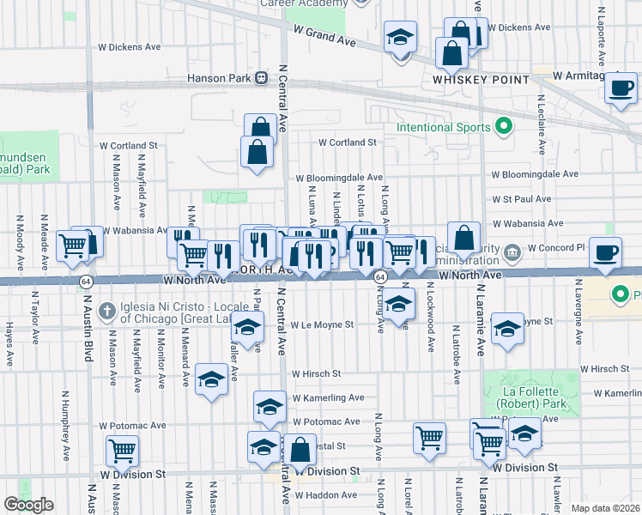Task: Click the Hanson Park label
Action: (219, 78)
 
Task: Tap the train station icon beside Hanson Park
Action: (260, 78)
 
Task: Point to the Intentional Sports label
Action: (443, 129)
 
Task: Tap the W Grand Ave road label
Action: (324, 35)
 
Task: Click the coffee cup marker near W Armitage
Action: (621, 87)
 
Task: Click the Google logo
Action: (28, 505)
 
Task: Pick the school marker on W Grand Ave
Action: (399, 38)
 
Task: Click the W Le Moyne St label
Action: (322, 325)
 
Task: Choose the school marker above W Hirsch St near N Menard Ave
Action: (211, 378)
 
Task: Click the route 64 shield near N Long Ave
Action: (379, 277)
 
